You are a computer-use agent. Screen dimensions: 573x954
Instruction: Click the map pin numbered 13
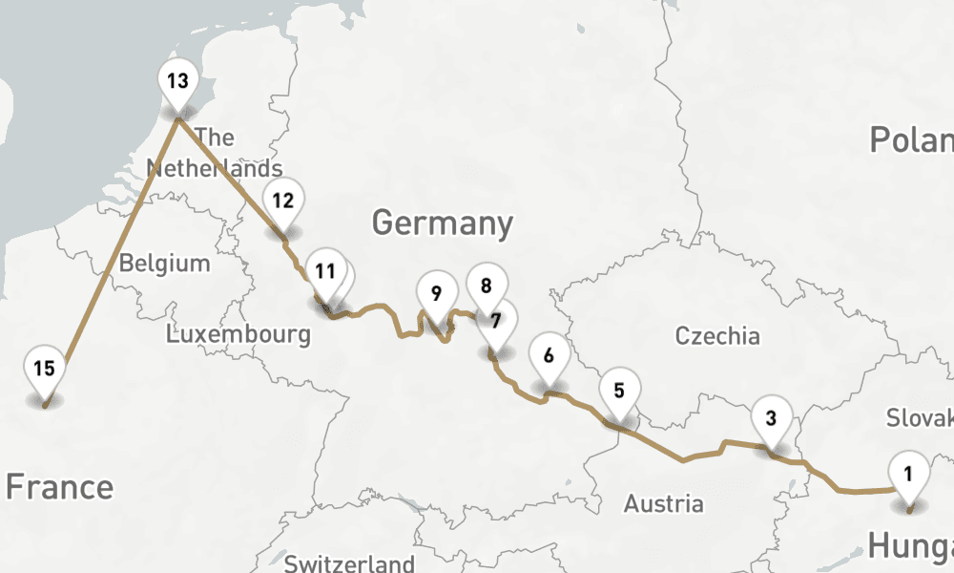coord(177,82)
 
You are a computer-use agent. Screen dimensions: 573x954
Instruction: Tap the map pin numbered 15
coord(45,370)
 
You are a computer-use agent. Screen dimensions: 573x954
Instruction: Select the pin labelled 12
coord(282,202)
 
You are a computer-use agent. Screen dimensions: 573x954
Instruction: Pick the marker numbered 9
coord(436,294)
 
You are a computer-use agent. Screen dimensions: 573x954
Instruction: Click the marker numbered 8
coord(487,286)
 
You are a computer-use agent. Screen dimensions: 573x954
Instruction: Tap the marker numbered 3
coord(771,418)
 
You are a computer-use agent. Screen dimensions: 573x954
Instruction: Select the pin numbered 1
coord(908,474)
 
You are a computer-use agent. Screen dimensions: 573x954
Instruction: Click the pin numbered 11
coord(324,272)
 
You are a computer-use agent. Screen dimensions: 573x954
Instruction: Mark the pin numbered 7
coord(496,322)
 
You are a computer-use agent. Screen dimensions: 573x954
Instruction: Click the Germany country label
coord(442,223)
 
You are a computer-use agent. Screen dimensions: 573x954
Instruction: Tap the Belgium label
coord(164,263)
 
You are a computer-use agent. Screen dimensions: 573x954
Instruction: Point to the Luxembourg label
coord(238,334)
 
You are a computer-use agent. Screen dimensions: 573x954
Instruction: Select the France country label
coord(59,487)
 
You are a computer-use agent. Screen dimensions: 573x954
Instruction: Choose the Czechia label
coord(717,336)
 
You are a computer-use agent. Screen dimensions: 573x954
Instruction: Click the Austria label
coord(664,503)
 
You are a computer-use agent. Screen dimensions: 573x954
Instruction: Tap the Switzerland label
coord(349,562)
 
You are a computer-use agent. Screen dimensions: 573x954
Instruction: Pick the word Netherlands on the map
coord(214,169)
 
